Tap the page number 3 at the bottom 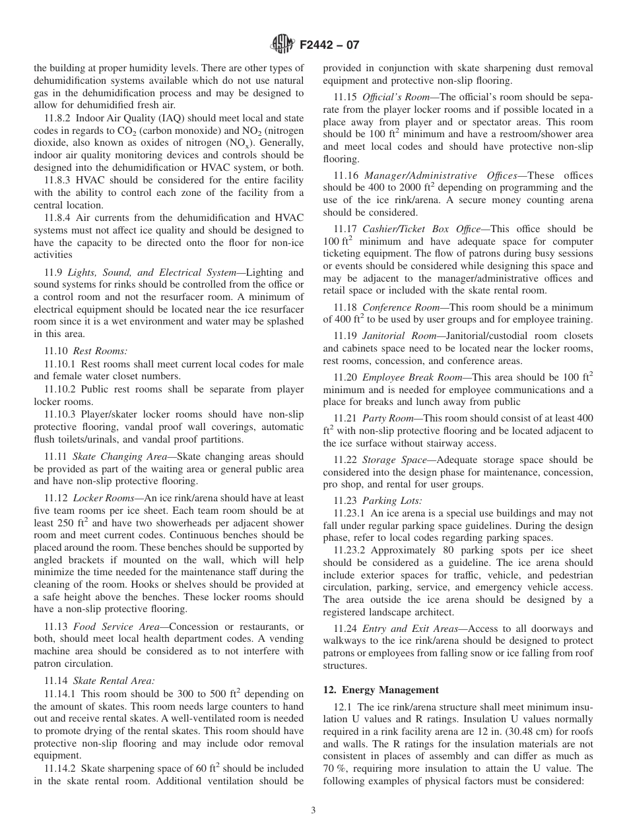click(313, 811)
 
